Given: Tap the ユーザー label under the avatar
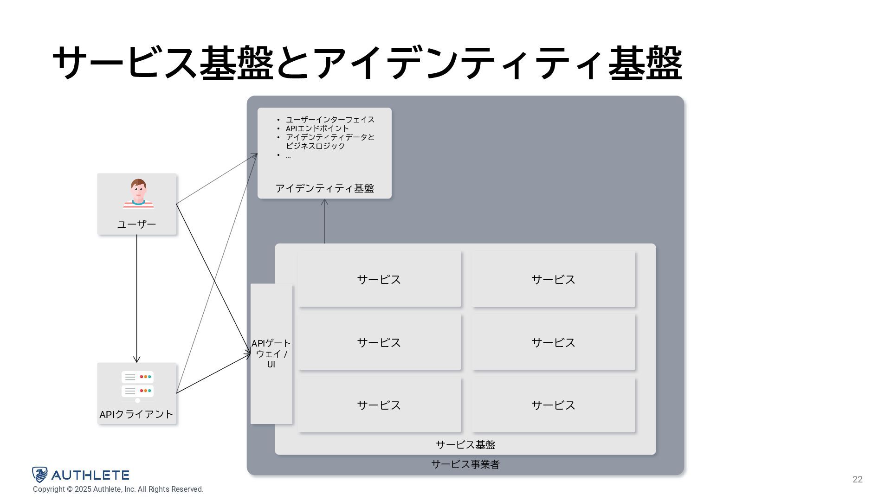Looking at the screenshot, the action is coord(136,225).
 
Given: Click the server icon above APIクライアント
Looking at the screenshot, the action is coord(137,385).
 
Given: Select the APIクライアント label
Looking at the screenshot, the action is coord(136,414).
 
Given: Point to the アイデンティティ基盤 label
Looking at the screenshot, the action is coord(324,188).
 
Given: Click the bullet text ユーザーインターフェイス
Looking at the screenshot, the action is coord(330,120).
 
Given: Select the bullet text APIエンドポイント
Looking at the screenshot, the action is coord(317,128).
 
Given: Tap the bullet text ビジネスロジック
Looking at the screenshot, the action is coord(315,146).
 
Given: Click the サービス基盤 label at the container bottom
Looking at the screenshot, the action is coord(465,445).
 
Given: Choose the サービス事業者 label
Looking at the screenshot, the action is coord(465,464).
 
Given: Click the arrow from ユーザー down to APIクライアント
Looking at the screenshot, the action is coord(136,297).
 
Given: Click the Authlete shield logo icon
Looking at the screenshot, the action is coord(40,475).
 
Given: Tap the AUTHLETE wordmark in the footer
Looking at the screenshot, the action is coord(90,475).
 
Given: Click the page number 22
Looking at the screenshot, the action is coord(857,480).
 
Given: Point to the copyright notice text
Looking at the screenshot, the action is coord(118,489).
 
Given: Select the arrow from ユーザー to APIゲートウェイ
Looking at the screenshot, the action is coord(213,278).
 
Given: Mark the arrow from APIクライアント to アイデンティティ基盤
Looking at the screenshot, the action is coord(216,274).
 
